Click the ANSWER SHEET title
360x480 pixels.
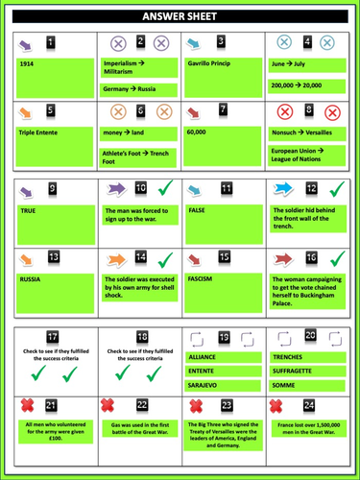[x=180, y=16]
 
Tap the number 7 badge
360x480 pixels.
[x=224, y=109]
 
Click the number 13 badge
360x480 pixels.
[x=53, y=257]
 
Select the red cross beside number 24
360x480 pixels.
[x=283, y=406]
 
